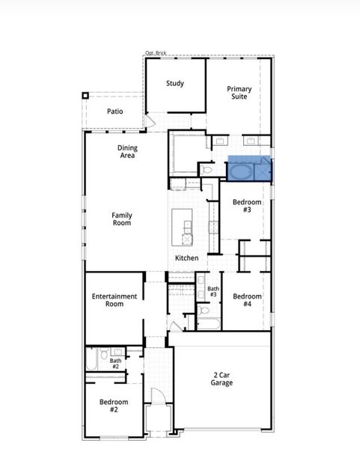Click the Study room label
point(175,84)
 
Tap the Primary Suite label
point(240,93)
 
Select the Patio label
point(115,112)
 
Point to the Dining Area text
point(127,152)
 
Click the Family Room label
point(121,219)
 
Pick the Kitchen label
point(187,258)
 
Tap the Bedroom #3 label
point(246,206)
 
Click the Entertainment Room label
point(115,300)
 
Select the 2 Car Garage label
point(222,379)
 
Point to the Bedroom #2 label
point(114,406)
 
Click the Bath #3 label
point(213,292)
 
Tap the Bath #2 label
point(115,364)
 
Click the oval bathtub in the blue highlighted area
point(240,171)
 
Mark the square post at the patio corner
point(86,95)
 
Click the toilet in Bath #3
point(204,310)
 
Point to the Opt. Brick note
point(156,53)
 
